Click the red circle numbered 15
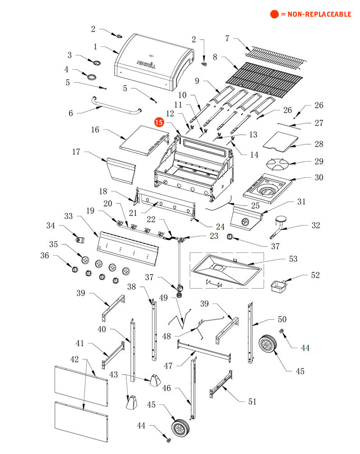tap(159, 122)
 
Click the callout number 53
tap(293, 259)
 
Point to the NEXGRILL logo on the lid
tap(146, 64)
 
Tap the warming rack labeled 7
tap(276, 57)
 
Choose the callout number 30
tap(318, 177)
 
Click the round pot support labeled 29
tap(277, 165)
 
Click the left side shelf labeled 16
tap(144, 140)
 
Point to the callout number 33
tap(69, 216)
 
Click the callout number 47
tap(168, 366)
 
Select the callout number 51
tap(252, 401)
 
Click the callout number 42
tap(74, 359)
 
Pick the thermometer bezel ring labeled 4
tap(92, 77)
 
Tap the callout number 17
tap(76, 151)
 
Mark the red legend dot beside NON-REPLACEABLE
tap(274, 14)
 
